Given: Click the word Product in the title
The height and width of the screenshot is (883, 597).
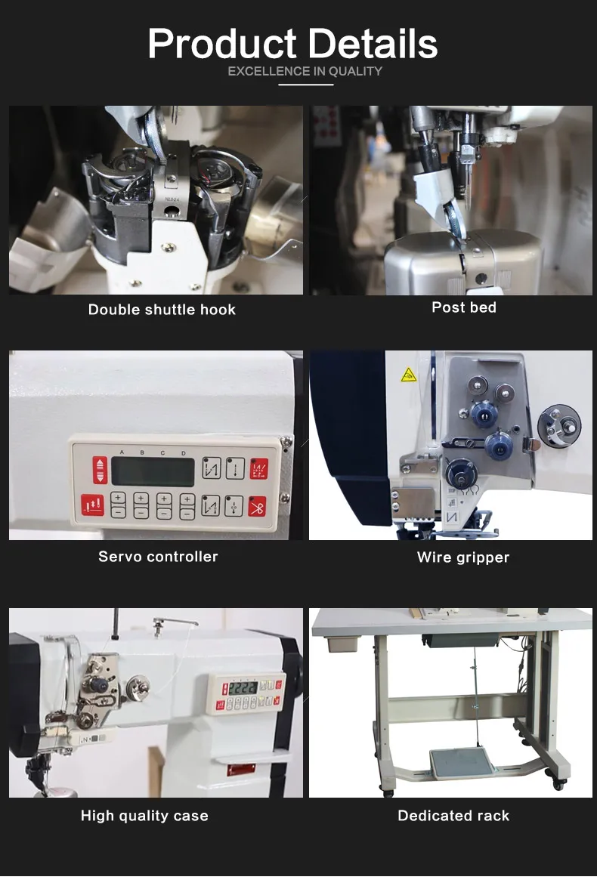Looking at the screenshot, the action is coord(222,44).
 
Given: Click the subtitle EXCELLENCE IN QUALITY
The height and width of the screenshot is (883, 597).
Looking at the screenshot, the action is coord(305,72).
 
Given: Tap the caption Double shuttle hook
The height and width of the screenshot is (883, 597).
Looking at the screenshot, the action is coord(162,310).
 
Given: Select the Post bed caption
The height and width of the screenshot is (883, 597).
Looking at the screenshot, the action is coord(463,307).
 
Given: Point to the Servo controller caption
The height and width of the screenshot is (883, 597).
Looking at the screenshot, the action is coord(158,557).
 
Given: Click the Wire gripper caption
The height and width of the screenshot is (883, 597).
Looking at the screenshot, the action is coord(463,557).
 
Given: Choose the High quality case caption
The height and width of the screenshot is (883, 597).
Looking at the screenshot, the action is coord(144,816).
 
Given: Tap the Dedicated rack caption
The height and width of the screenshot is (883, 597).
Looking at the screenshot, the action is coord(453,816).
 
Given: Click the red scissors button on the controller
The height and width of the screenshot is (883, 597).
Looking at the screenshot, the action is coord(258,507).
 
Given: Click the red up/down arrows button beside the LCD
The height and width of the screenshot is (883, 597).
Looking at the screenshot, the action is coord(100,471).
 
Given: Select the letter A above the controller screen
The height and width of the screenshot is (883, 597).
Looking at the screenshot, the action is coord(122,452).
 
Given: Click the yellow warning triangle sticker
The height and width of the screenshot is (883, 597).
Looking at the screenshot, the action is coord(409,375).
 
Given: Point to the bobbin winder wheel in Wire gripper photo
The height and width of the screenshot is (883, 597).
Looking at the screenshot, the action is coord(558,426).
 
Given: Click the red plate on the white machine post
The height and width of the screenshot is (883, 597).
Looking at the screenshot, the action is coord(241,769).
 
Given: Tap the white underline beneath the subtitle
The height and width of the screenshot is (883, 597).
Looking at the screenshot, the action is coord(306,85).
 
